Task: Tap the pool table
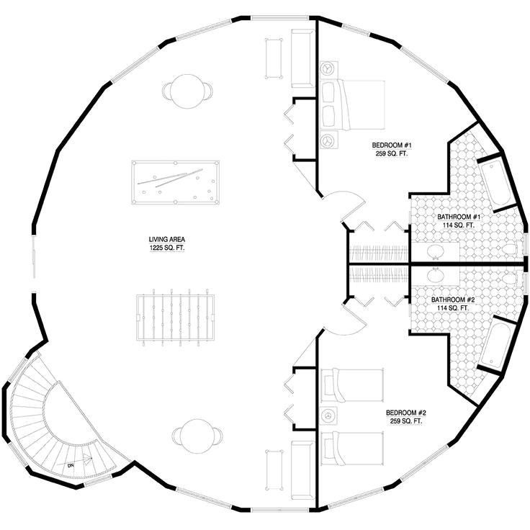click(176, 182)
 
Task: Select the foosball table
click(176, 318)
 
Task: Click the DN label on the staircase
click(71, 465)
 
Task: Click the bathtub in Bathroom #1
click(495, 182)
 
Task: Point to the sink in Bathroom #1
click(436, 251)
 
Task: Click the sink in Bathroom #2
click(436, 276)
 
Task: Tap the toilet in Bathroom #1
click(510, 249)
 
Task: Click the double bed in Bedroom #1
click(352, 105)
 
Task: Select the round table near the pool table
click(188, 91)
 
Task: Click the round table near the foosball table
click(197, 436)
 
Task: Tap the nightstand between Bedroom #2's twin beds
click(329, 415)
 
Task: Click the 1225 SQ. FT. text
click(167, 248)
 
